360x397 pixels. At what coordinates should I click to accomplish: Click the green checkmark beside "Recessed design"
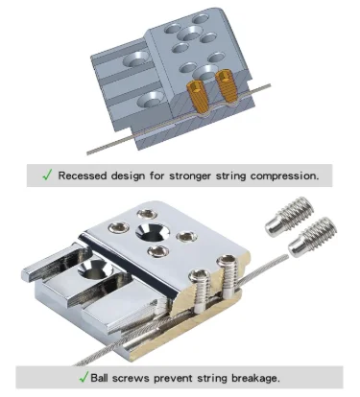[x=47, y=175]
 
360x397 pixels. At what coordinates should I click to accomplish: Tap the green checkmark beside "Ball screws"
[x=84, y=377]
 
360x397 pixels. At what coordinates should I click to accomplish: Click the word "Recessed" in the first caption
[x=83, y=175]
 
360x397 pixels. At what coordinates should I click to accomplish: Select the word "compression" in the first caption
[x=284, y=176]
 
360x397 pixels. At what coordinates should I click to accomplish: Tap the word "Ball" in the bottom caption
[x=100, y=378]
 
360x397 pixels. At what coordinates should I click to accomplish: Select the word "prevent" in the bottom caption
[x=173, y=378]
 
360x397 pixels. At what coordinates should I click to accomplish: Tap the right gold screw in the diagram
[x=227, y=87]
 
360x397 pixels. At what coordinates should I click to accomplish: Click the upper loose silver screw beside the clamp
[x=289, y=217]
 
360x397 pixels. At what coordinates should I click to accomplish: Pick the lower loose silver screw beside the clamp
[x=313, y=237]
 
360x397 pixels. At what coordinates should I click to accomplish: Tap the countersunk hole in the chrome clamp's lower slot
[x=94, y=269]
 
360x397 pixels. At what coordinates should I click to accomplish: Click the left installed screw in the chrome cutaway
[x=200, y=290]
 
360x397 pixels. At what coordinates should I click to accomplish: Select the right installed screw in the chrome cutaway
[x=227, y=276]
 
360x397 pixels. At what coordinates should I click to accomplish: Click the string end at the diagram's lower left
[x=88, y=153]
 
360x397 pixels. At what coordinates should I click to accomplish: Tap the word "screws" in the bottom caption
[x=131, y=379]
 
